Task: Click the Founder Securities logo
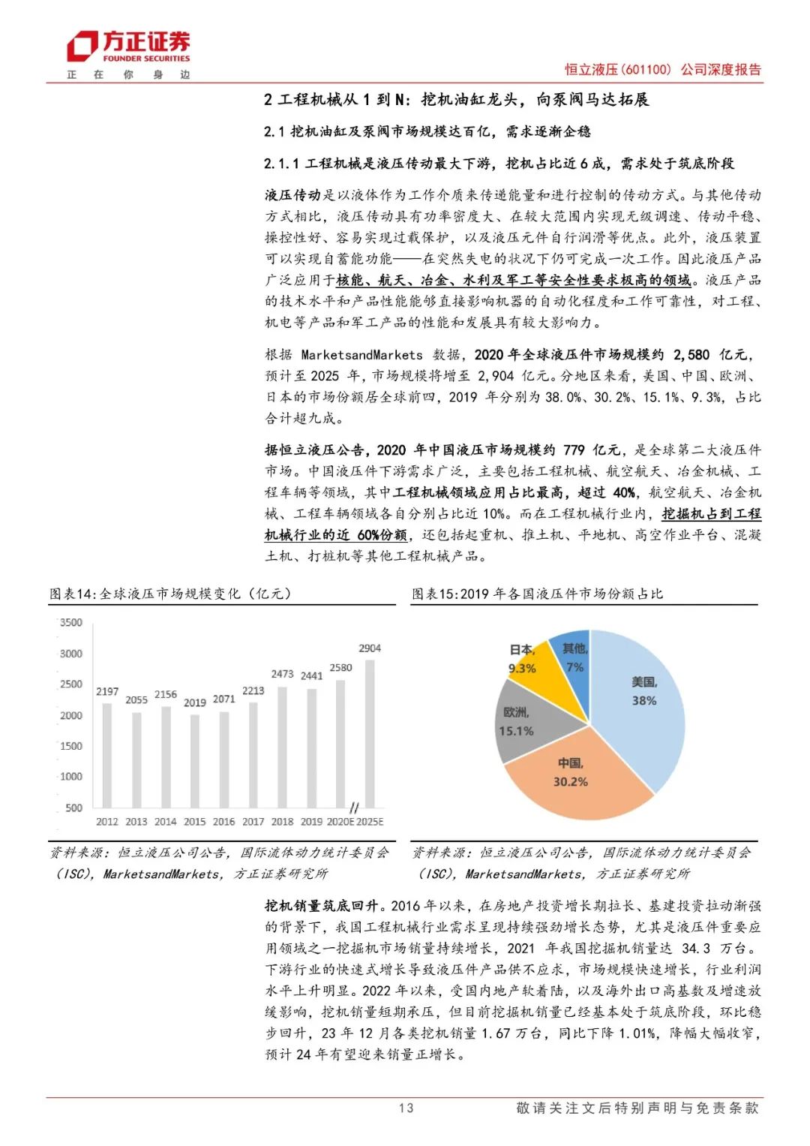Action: click(128, 47)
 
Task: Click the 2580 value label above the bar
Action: click(340, 667)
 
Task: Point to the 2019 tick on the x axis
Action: click(311, 822)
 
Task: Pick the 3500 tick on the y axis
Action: click(71, 622)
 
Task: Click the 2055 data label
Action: click(136, 699)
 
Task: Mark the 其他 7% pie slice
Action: click(573, 653)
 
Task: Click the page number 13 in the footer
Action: click(406, 1108)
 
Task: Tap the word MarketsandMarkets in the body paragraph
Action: click(361, 354)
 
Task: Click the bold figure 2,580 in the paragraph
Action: click(691, 354)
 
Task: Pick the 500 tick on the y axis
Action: click(73, 808)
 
